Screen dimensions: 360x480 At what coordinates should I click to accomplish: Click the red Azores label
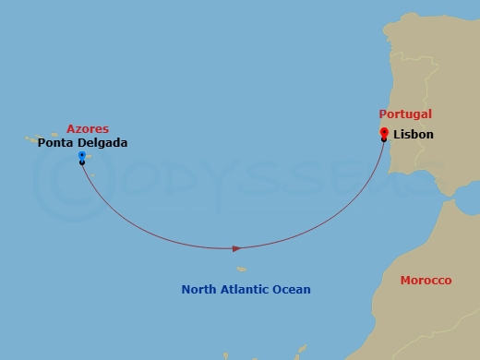[88, 129]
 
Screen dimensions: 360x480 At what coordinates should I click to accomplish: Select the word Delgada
[102, 143]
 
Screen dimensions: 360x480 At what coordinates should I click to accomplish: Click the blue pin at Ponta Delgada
[81, 156]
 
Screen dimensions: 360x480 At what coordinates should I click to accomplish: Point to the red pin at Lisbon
[384, 133]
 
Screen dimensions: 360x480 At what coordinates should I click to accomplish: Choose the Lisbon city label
[413, 135]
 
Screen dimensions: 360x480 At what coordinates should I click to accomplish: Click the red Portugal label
[405, 114]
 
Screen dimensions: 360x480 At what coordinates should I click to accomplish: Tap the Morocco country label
[426, 280]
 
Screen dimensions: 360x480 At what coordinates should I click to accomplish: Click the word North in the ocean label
[199, 290]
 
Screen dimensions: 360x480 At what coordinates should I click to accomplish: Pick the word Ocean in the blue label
[293, 290]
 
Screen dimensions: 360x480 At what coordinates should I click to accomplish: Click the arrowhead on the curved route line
[237, 248]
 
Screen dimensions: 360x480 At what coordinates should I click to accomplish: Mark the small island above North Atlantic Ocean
[241, 270]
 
